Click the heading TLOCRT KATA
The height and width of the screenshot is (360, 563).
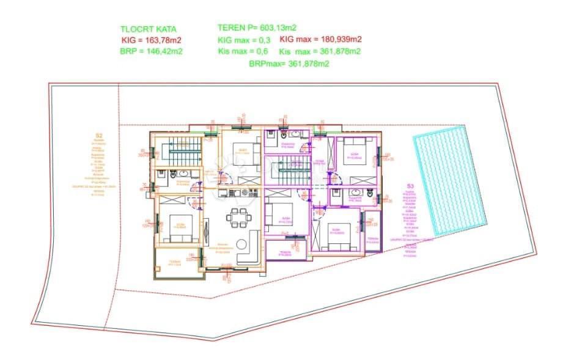149,29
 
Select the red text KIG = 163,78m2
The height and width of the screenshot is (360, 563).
152,40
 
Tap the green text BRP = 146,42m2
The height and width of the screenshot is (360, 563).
152,51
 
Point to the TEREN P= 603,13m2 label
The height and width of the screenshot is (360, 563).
257,28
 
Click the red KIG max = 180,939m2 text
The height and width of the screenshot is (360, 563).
320,40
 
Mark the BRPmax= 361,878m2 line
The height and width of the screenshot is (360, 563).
289,63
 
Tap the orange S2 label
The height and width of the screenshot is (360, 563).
98,136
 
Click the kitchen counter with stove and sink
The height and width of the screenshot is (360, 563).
240,193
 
